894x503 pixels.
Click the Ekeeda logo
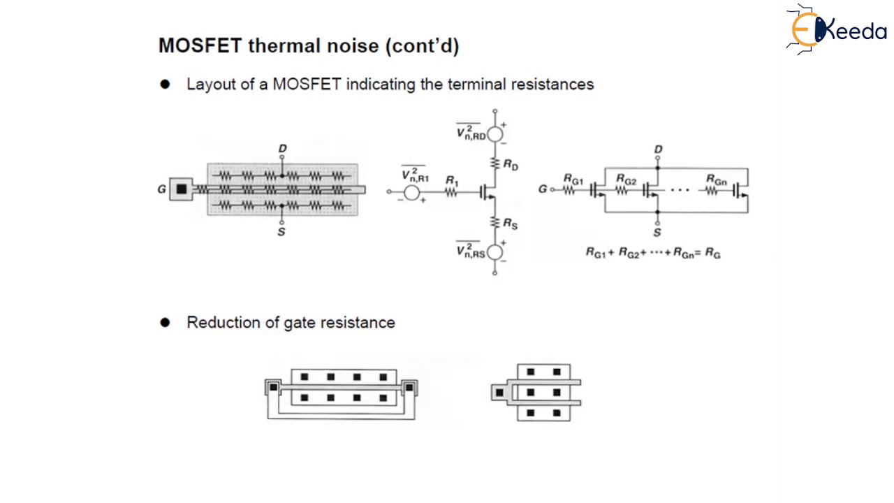(x=837, y=29)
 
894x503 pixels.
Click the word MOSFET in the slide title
(x=200, y=46)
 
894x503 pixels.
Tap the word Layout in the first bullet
(x=208, y=85)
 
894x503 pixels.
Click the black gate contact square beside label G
(x=182, y=189)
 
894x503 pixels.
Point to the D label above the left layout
(x=282, y=149)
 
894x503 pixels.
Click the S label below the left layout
(x=281, y=232)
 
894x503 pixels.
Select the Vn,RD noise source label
(x=471, y=133)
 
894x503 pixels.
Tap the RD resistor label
(x=511, y=166)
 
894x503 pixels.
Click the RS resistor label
(x=511, y=224)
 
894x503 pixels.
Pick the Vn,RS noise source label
(x=470, y=251)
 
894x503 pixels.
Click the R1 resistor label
(x=452, y=182)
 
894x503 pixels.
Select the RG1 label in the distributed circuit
(x=573, y=180)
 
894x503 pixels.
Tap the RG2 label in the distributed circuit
(x=626, y=180)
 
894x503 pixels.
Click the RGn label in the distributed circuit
(x=717, y=180)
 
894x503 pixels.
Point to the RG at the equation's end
(x=712, y=253)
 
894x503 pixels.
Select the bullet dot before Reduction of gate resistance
(x=165, y=323)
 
